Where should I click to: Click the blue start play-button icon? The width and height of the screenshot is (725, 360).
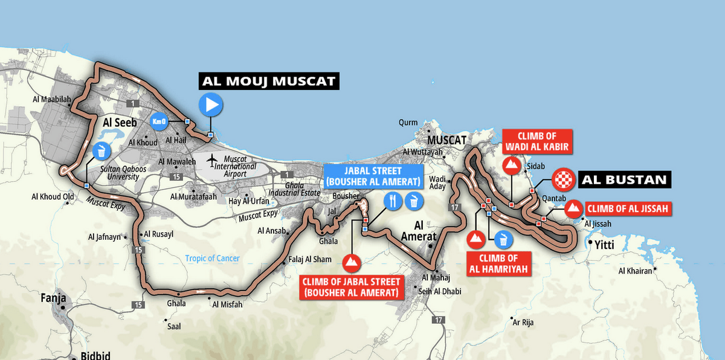click(211, 105)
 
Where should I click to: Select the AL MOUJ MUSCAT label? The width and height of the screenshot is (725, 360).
click(269, 81)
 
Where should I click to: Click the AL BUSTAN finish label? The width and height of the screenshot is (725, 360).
click(622, 179)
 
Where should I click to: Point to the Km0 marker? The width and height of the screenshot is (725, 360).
click(159, 120)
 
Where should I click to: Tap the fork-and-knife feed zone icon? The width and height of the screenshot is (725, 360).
click(392, 201)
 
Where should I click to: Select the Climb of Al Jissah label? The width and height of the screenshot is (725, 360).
click(628, 209)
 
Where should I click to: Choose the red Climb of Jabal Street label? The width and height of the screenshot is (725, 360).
click(351, 288)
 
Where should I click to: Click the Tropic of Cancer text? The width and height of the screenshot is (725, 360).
click(212, 259)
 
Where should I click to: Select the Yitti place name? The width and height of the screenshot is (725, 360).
click(604, 244)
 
